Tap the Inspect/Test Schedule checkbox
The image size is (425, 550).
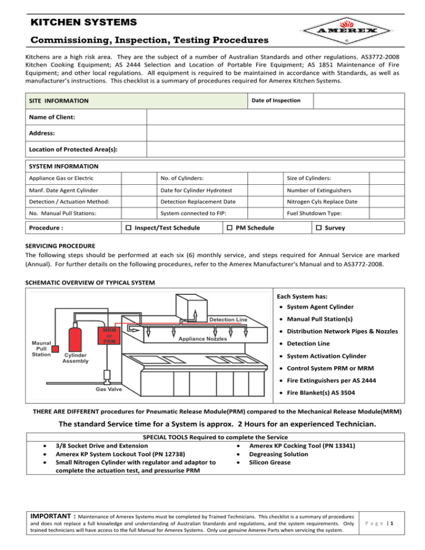coord(127,228)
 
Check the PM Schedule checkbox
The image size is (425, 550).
coord(231,228)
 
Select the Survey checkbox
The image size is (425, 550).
coord(319,228)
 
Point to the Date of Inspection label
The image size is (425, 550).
coord(276,100)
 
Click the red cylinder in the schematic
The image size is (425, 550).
coord(72,336)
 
